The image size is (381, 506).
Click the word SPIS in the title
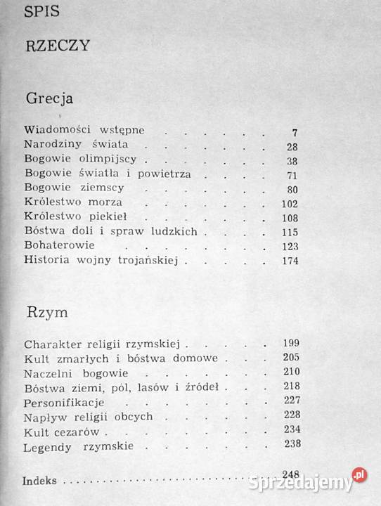pos(43,12)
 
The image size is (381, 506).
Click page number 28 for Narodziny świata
pos(292,146)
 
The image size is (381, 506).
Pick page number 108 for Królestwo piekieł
pos(290,217)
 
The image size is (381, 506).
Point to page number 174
pos(290,261)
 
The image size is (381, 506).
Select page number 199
pos(290,344)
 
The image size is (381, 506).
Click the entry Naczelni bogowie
pos(66,372)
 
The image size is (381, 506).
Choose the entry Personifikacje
pos(64,402)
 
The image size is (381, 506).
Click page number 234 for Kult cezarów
pos(290,430)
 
